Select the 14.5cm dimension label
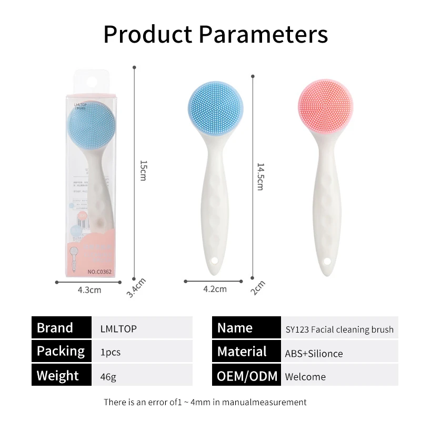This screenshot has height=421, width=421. tap(260, 176)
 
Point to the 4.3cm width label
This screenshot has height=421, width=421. tap(89, 289)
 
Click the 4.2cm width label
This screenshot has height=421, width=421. tap(215, 288)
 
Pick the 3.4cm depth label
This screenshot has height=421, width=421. tap(136, 287)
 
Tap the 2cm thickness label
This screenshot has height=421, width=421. tap(258, 287)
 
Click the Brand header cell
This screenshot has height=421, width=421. tap(61, 328)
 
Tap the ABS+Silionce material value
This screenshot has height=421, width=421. tap(314, 354)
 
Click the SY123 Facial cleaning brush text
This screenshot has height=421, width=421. tap(339, 329)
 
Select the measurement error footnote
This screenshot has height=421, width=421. tap(205, 402)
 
